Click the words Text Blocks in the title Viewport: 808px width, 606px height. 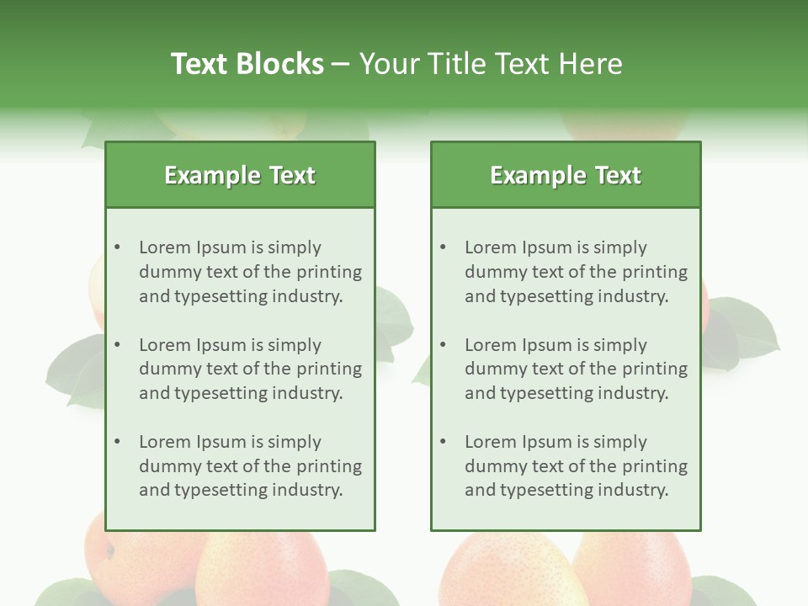[247, 64]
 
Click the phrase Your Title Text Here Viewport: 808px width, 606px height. [491, 64]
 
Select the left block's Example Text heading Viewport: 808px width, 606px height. [240, 175]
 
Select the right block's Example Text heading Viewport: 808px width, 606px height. [566, 175]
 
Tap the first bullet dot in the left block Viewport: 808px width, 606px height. [118, 247]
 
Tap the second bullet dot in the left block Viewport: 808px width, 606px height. [118, 345]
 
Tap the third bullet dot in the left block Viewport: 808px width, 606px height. [118, 442]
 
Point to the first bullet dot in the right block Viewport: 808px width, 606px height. [444, 247]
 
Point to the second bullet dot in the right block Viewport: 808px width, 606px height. [444, 345]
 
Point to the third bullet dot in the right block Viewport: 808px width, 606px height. [444, 442]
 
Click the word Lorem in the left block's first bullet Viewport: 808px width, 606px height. [165, 247]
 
